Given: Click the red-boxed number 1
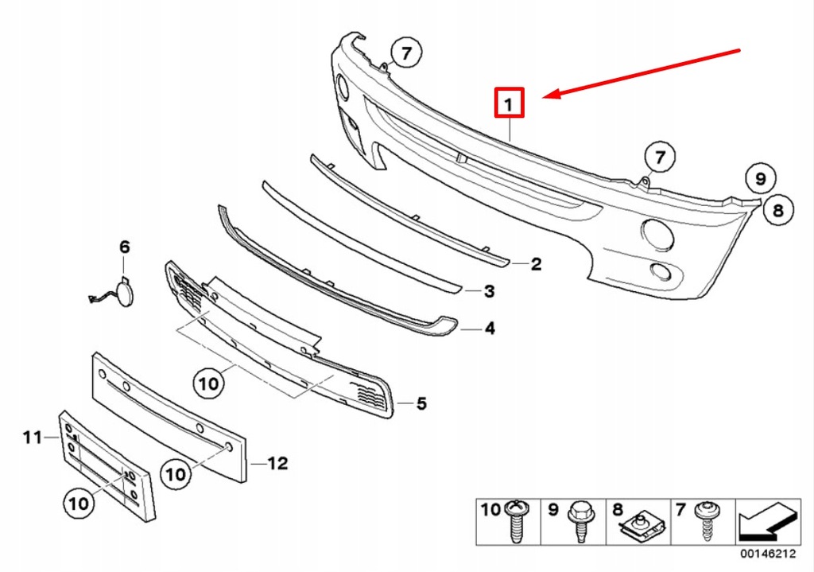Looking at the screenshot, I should [509, 103].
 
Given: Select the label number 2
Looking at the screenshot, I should [536, 264].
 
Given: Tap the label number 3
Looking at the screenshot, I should [489, 292].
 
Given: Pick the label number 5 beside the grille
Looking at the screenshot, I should [421, 404].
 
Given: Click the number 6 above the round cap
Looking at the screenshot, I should [124, 247].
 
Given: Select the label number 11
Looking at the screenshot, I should [32, 437].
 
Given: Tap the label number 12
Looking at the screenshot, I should [277, 463].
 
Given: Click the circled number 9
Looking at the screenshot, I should [760, 178].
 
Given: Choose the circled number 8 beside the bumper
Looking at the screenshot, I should [777, 210].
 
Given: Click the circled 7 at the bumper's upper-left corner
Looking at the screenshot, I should [405, 54].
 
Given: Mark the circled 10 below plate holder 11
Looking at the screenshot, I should [78, 503].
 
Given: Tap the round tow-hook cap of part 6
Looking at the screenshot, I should [125, 291].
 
